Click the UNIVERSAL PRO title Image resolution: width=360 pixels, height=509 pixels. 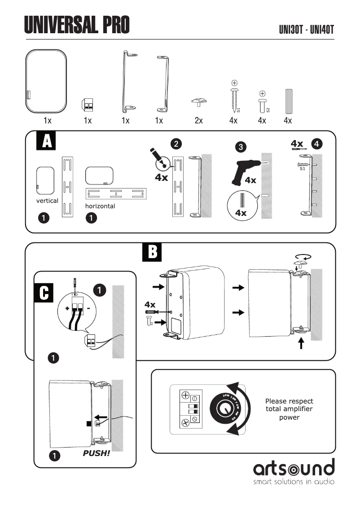point(77,25)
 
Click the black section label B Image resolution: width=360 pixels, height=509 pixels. point(153,253)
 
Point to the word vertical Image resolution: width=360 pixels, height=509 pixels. point(47,201)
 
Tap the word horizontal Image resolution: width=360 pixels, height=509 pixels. point(100,206)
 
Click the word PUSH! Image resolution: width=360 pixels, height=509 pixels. point(96,453)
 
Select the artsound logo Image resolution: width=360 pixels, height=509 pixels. point(294,469)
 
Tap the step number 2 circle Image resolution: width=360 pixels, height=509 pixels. point(176,144)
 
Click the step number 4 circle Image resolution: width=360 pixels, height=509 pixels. point(317,144)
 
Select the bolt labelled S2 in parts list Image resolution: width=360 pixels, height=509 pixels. point(262,103)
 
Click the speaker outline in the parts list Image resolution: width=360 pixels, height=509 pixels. point(46,81)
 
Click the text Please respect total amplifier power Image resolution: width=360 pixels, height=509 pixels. point(289,409)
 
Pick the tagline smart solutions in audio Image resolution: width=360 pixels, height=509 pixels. point(294,483)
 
